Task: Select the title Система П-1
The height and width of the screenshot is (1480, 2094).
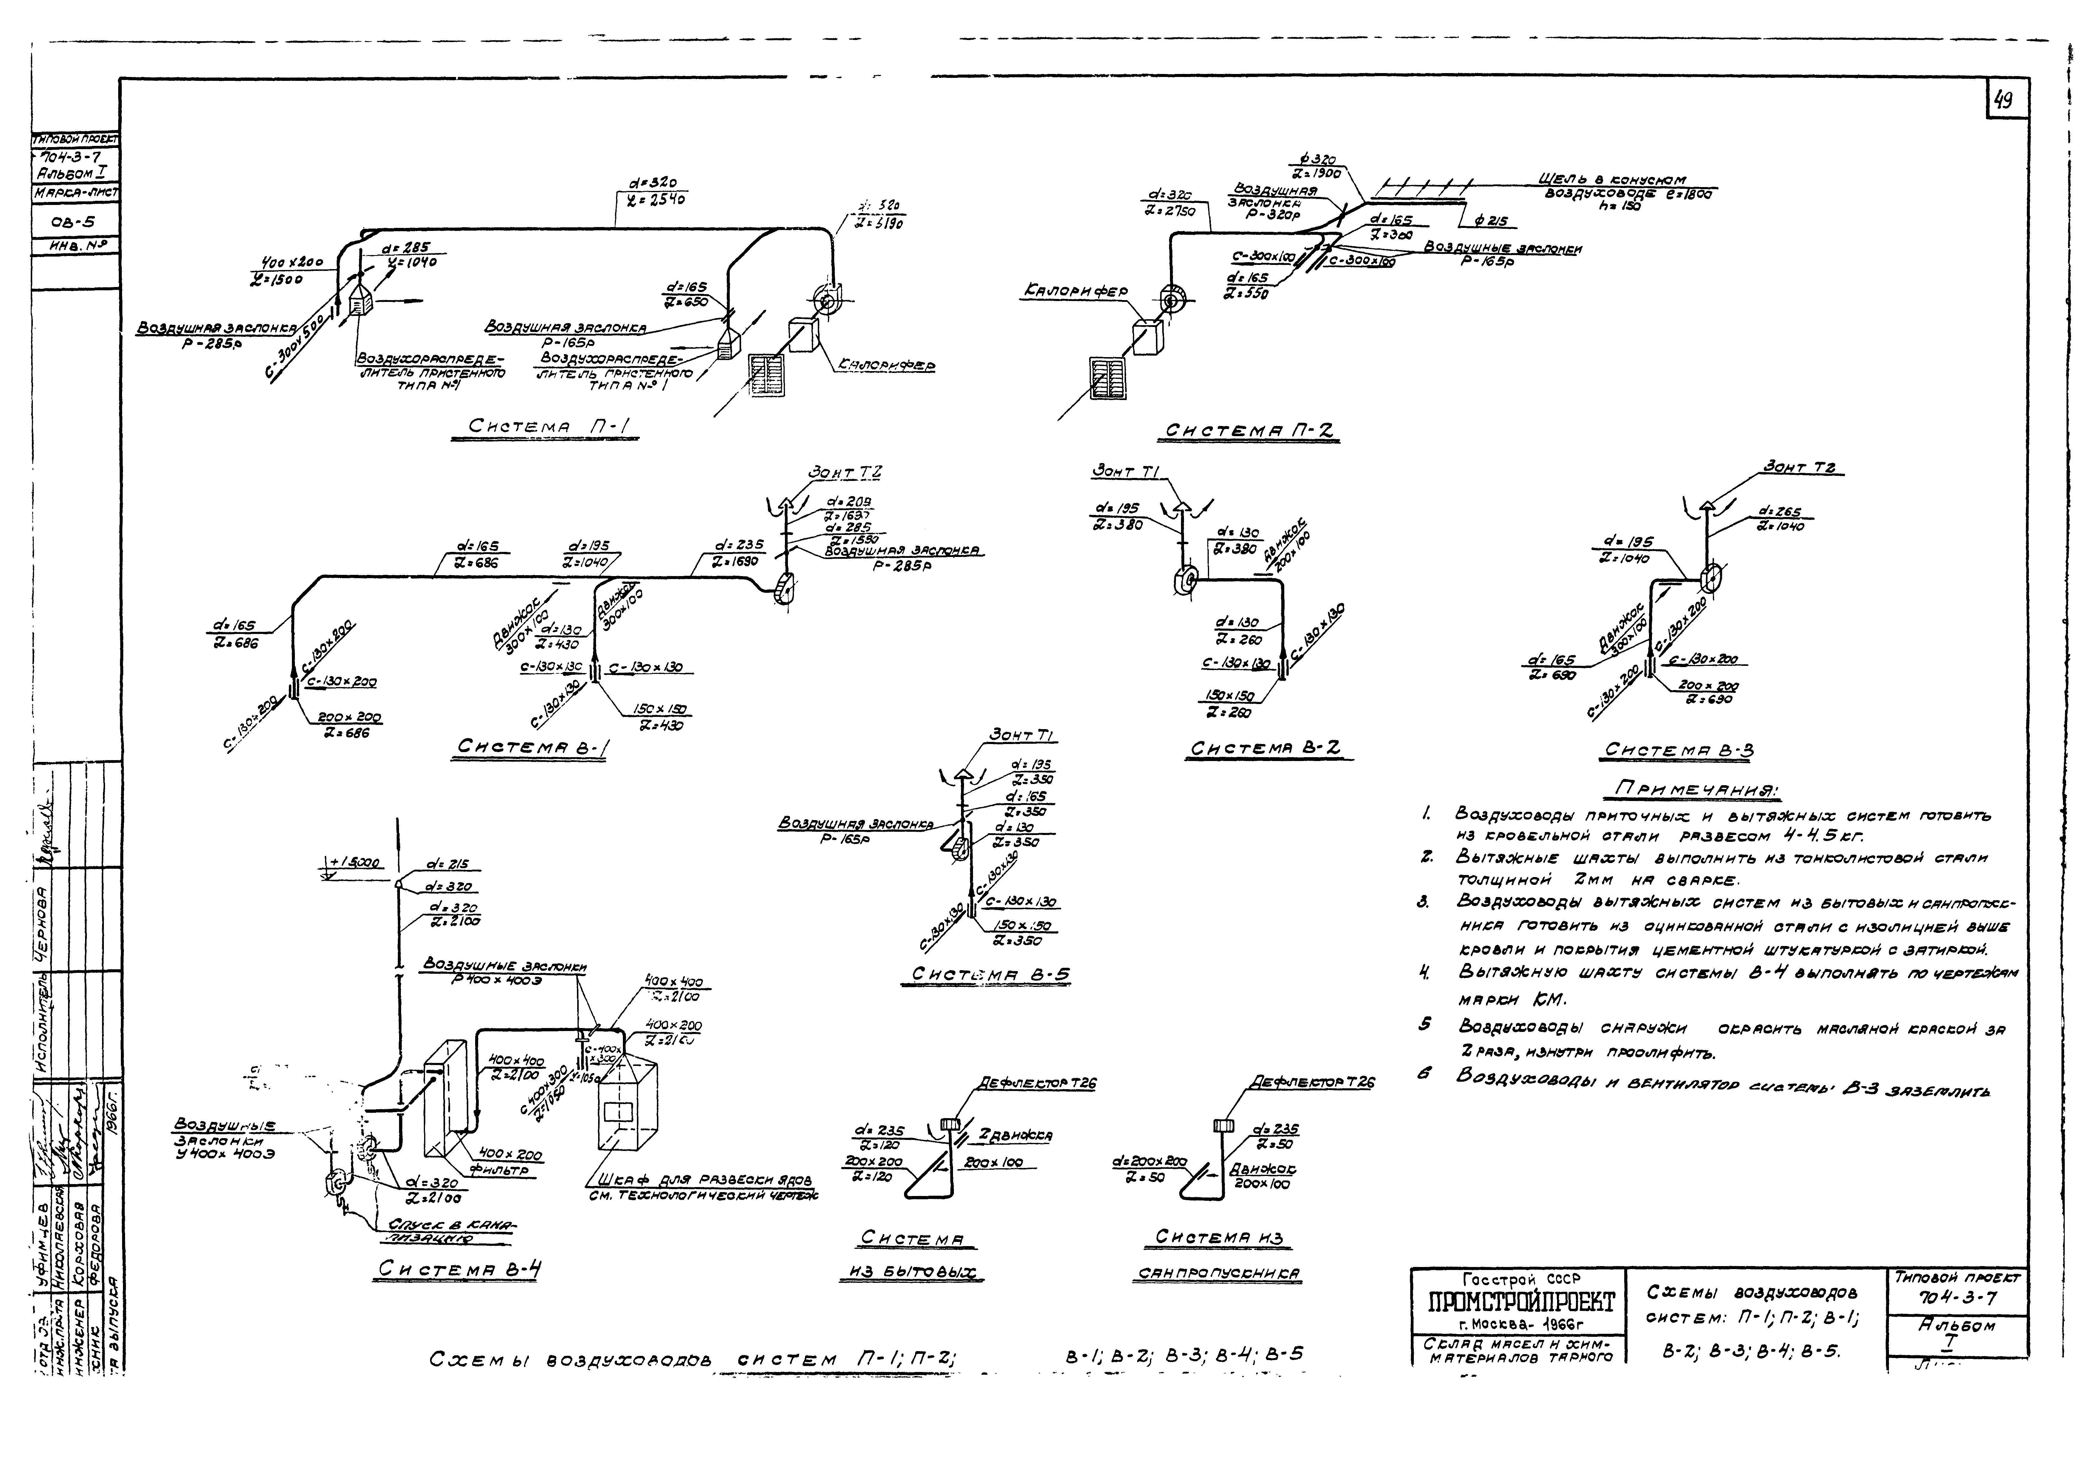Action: coord(544,427)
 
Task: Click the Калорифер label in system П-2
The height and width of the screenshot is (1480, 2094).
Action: coord(1076,292)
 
